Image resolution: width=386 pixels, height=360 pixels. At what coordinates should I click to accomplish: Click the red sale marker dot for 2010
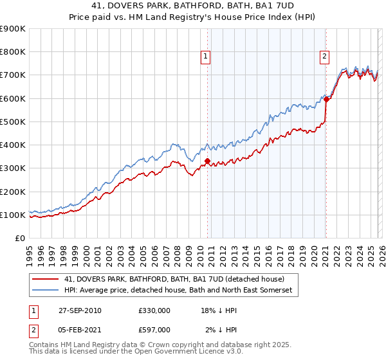(207, 161)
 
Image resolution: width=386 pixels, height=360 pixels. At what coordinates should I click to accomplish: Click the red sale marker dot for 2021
(326, 99)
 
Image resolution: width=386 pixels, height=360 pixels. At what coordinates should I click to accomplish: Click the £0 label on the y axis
(19, 238)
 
